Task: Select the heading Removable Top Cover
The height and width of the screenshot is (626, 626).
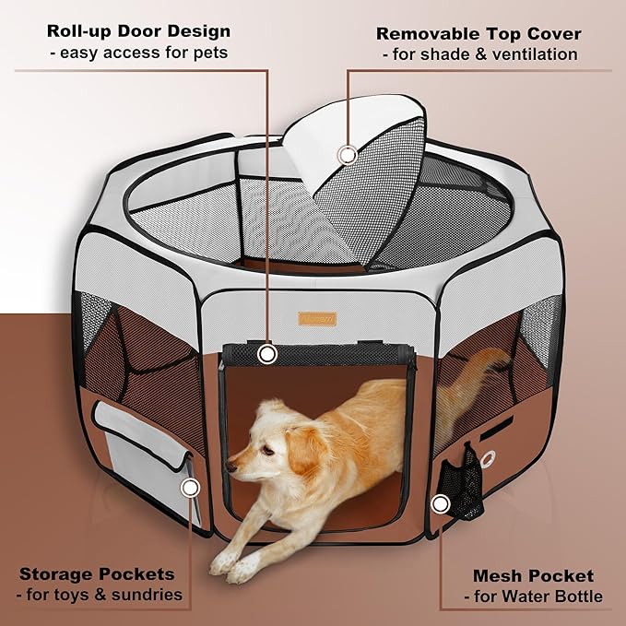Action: pos(478,34)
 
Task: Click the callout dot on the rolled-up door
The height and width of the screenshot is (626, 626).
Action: pos(267,353)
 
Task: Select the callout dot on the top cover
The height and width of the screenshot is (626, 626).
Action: pos(348,155)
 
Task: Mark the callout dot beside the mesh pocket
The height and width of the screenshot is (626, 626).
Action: pos(441,503)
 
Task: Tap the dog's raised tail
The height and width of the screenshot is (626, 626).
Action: pos(479,369)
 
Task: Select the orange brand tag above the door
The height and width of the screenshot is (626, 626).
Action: pos(316,318)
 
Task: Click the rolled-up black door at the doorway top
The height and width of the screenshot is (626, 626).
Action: pos(313,352)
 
